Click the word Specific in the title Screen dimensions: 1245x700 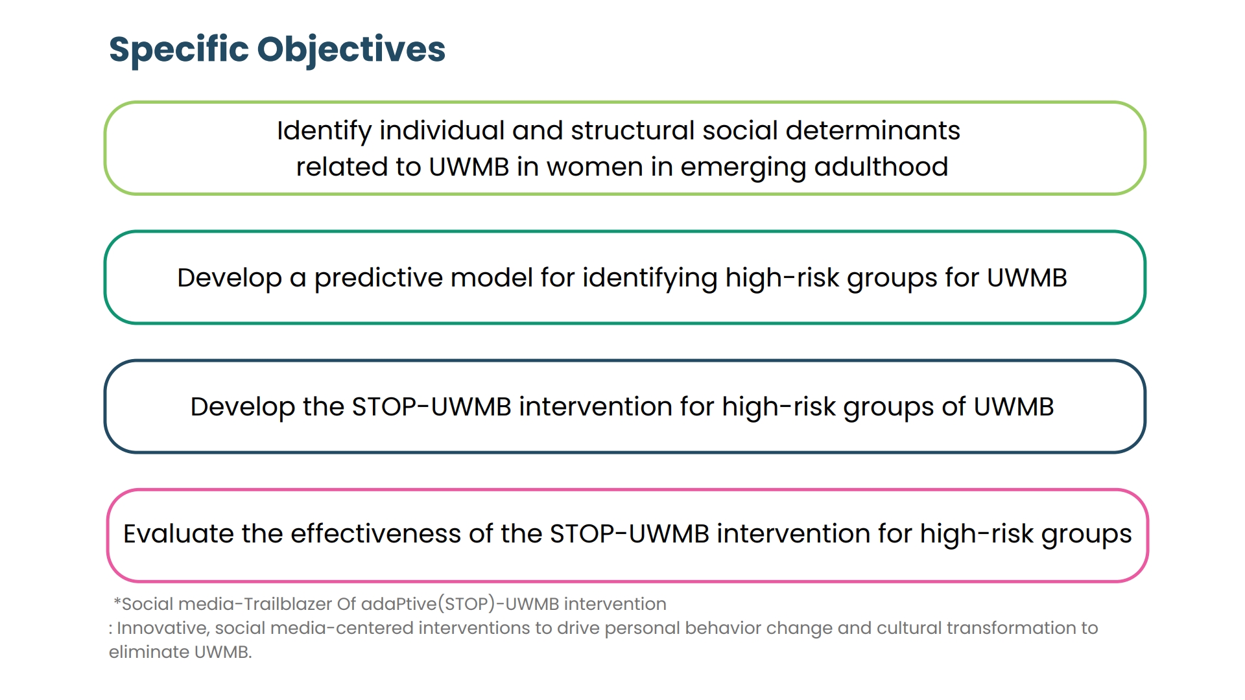coord(179,50)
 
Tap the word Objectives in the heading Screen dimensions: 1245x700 coord(351,50)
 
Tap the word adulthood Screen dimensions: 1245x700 coord(881,167)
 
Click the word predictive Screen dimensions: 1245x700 coord(379,279)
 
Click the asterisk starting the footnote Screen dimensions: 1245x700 coord(117,602)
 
